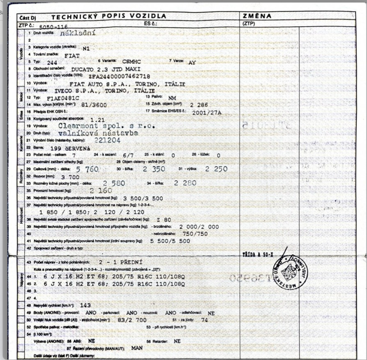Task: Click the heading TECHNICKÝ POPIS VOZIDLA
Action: coord(109,16)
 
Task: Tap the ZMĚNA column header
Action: coord(257,16)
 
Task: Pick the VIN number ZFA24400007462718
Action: coord(119,76)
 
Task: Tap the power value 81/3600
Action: coord(94,105)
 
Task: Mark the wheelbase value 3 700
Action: coord(61,176)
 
